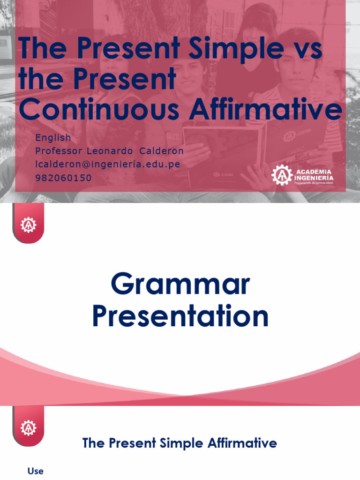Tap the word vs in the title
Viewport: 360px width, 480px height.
tap(291, 49)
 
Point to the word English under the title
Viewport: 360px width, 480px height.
tap(53, 138)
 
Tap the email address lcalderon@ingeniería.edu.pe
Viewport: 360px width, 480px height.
tap(108, 165)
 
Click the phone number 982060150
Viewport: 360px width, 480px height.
tap(63, 178)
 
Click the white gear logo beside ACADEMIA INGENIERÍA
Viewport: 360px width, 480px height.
tap(282, 175)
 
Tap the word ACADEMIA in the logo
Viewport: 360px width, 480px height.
tap(314, 172)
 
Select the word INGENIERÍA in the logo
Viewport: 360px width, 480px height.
tap(314, 178)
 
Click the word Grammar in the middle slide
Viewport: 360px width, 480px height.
tap(180, 285)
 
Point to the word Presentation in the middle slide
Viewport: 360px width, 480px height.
tap(180, 316)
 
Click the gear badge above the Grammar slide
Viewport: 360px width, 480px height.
tap(28, 225)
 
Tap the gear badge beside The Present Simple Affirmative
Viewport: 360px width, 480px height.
tap(28, 427)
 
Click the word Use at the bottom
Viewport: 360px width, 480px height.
tap(36, 471)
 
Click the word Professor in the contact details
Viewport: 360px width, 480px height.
tap(59, 151)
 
